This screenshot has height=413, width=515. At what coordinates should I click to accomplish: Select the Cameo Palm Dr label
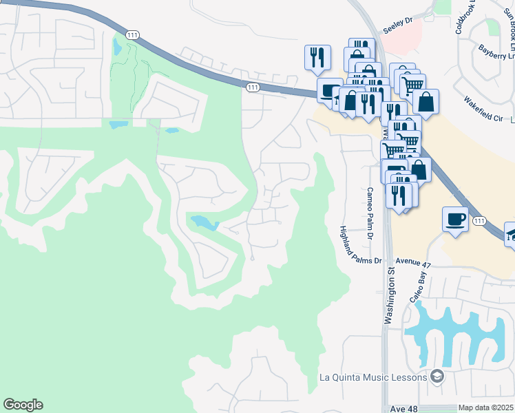[x=370, y=214]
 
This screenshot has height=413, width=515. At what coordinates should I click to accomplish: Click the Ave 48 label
[x=403, y=408]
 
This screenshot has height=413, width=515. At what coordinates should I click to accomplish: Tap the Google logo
[x=23, y=405]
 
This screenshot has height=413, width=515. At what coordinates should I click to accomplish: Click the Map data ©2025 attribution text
[x=485, y=408]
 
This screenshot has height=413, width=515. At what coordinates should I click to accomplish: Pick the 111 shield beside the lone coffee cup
[x=480, y=221]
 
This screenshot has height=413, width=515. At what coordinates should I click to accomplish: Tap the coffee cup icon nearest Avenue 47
[x=455, y=220]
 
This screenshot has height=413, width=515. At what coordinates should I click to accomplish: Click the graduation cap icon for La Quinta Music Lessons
[x=437, y=377]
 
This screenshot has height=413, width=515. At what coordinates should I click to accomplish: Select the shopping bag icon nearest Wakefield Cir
[x=426, y=101]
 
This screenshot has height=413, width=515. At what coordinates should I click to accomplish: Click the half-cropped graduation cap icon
[x=510, y=234]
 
